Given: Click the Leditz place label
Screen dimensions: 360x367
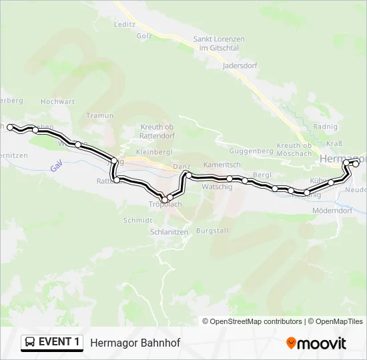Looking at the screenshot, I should [125, 23].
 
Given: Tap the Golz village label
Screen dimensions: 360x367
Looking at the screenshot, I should [145, 35].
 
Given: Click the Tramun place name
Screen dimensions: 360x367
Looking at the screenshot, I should [100, 115].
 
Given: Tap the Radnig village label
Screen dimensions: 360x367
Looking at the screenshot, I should [325, 128].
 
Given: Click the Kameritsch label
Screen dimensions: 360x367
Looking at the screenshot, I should [222, 164].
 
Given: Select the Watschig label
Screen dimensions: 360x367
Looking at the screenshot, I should [217, 187].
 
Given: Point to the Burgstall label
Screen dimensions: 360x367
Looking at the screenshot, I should [212, 231].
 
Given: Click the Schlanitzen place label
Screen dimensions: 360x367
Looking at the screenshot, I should [168, 232].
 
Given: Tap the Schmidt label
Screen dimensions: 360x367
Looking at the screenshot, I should [138, 220].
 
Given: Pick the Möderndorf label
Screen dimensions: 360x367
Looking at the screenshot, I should [332, 211].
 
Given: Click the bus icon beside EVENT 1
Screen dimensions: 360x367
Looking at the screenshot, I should [30, 343].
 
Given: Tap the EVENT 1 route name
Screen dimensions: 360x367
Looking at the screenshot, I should [59, 343].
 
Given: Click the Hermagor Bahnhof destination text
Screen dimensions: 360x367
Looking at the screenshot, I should [135, 343].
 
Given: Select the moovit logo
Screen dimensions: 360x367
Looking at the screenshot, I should [316, 343].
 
